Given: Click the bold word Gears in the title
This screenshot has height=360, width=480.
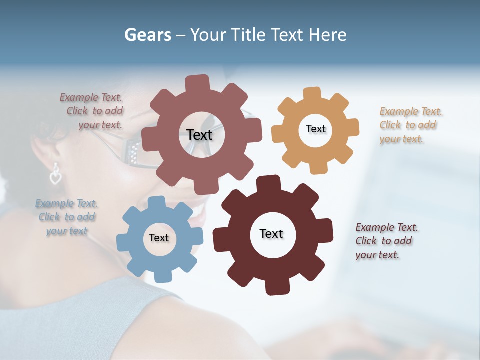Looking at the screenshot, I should click(147, 35).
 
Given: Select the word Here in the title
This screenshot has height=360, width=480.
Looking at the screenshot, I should click(327, 35).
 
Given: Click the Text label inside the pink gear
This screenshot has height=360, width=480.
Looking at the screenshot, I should click(199, 135).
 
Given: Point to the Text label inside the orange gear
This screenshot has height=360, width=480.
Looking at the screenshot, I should click(315, 129).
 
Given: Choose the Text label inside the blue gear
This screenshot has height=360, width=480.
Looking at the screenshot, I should click(158, 238).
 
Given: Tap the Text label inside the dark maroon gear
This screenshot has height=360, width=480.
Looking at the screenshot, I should click(271, 233).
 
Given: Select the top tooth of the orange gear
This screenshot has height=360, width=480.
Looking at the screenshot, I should click(312, 93).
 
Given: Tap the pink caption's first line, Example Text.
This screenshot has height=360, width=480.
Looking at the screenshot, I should click(91, 97).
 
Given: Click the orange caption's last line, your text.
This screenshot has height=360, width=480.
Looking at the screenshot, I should click(401, 139).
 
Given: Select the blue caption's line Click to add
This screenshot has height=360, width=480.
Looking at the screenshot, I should click(67, 217).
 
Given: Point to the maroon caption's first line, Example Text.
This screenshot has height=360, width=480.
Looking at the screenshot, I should click(387, 227).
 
